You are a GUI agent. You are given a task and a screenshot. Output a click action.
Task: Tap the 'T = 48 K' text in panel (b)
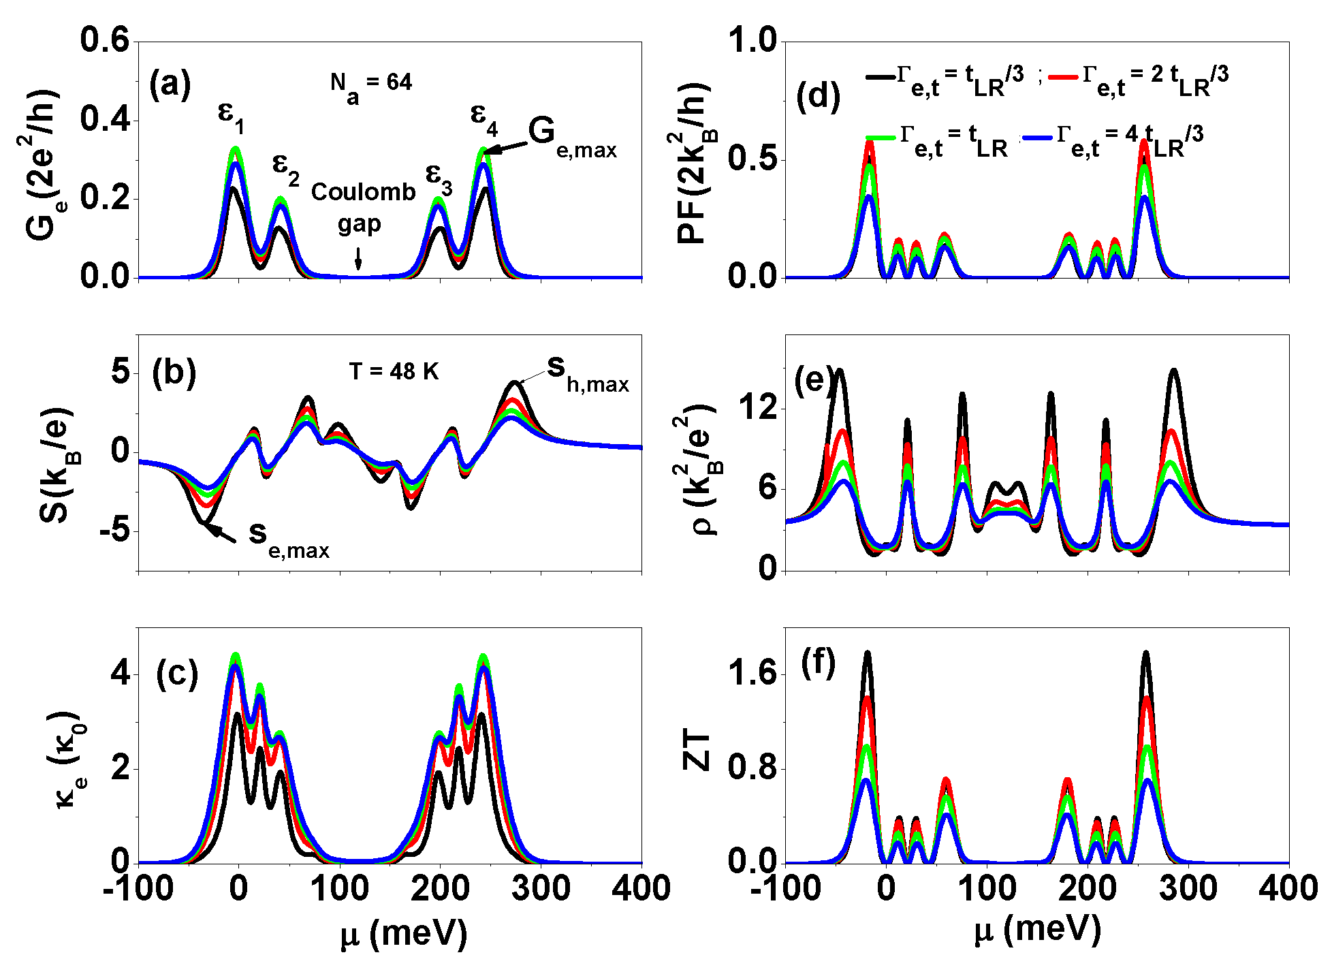coord(394,371)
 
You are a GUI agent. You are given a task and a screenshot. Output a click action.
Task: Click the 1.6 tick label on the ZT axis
coord(752,674)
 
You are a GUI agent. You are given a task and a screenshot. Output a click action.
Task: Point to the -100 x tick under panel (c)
coord(138,889)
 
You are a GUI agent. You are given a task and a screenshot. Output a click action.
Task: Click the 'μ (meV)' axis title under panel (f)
coord(1037,930)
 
